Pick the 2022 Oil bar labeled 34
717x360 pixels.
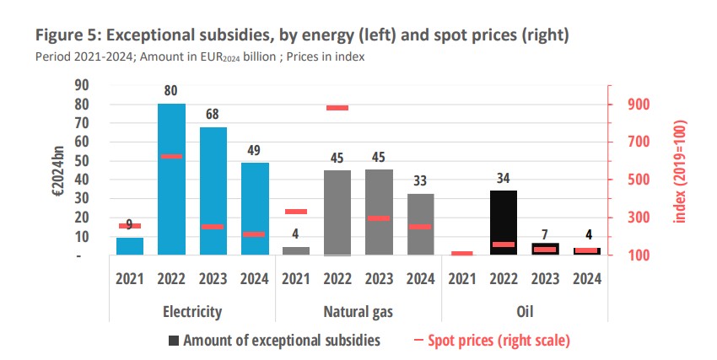coord(503,223)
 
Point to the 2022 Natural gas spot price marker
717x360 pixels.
coord(337,108)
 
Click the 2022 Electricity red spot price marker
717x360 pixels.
coord(171,156)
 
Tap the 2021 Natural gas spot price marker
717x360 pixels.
coord(295,212)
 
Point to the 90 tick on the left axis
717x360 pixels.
coord(81,85)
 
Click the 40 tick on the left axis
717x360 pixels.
coord(81,180)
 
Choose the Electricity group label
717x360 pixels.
coord(191,311)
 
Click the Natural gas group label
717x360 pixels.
coord(358,311)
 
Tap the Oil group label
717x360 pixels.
coord(524,311)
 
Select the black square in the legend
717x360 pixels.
coord(174,341)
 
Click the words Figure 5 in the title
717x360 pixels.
coord(65,36)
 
